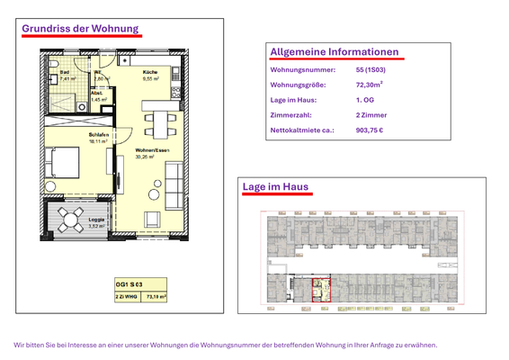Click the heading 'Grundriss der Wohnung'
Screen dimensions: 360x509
(x=80, y=28)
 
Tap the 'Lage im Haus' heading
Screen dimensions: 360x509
(x=275, y=187)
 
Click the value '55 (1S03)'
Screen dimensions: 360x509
(x=372, y=69)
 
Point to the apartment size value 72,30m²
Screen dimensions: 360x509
(x=370, y=85)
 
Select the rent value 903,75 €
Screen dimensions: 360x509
(x=370, y=130)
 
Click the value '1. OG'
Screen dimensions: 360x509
(x=364, y=100)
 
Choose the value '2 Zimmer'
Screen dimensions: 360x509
(x=371, y=115)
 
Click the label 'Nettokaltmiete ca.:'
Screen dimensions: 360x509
(x=302, y=130)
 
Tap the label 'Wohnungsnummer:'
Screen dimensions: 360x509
(x=302, y=69)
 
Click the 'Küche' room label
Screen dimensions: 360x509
(x=150, y=73)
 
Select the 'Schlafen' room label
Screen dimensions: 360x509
(x=98, y=135)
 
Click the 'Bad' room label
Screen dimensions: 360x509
(x=64, y=74)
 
